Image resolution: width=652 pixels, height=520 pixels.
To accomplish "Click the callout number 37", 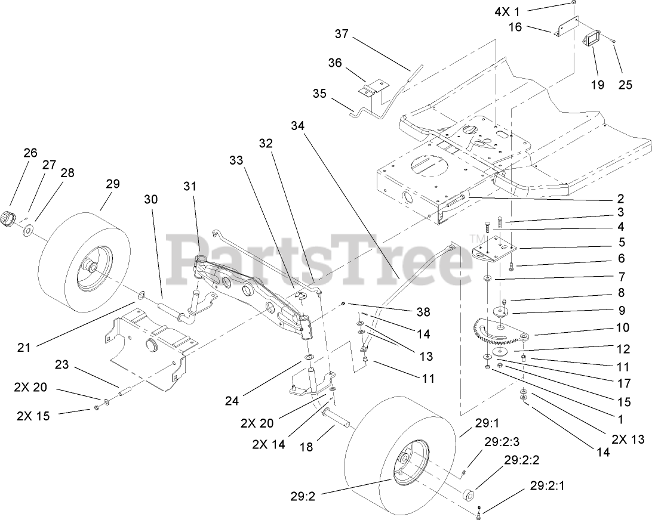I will point(341,34).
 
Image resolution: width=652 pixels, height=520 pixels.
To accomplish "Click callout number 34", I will point(298,126).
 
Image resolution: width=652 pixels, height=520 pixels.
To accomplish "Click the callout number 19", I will point(598,85).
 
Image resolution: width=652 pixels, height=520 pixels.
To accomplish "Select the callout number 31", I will point(189,186).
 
